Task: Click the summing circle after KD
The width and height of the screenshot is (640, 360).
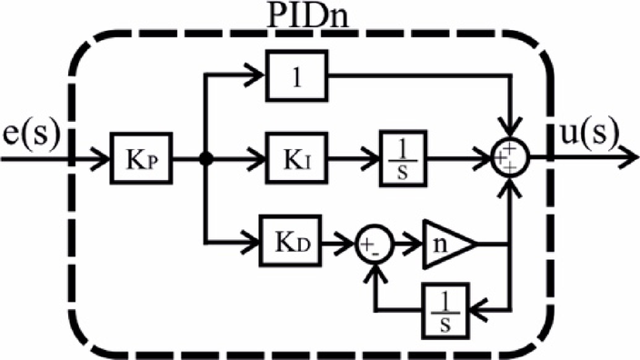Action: [374, 243]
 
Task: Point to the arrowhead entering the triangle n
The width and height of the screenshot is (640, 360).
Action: [416, 243]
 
